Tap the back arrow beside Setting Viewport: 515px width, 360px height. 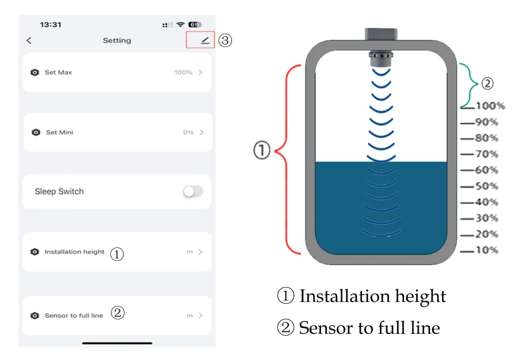29,40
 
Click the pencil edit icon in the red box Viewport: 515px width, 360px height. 205,40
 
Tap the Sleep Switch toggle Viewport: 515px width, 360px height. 192,192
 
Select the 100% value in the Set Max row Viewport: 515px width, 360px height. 183,72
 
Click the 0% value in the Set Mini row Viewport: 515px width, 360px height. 188,132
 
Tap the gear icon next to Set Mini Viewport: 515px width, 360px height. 36,132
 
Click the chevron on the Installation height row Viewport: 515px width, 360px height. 201,252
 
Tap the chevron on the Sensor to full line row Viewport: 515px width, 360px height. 201,316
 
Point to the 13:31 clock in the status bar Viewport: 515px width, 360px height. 50,24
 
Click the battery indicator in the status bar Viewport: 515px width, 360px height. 195,24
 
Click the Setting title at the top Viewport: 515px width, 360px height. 117,40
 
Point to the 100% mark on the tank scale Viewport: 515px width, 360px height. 490,106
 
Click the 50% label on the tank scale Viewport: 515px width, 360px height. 487,186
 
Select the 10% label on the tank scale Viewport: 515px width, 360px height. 487,250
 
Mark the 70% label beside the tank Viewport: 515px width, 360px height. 487,154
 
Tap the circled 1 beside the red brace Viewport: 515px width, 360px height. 262,151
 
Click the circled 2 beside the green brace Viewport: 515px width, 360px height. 487,84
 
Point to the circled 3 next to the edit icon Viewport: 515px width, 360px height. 225,40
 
